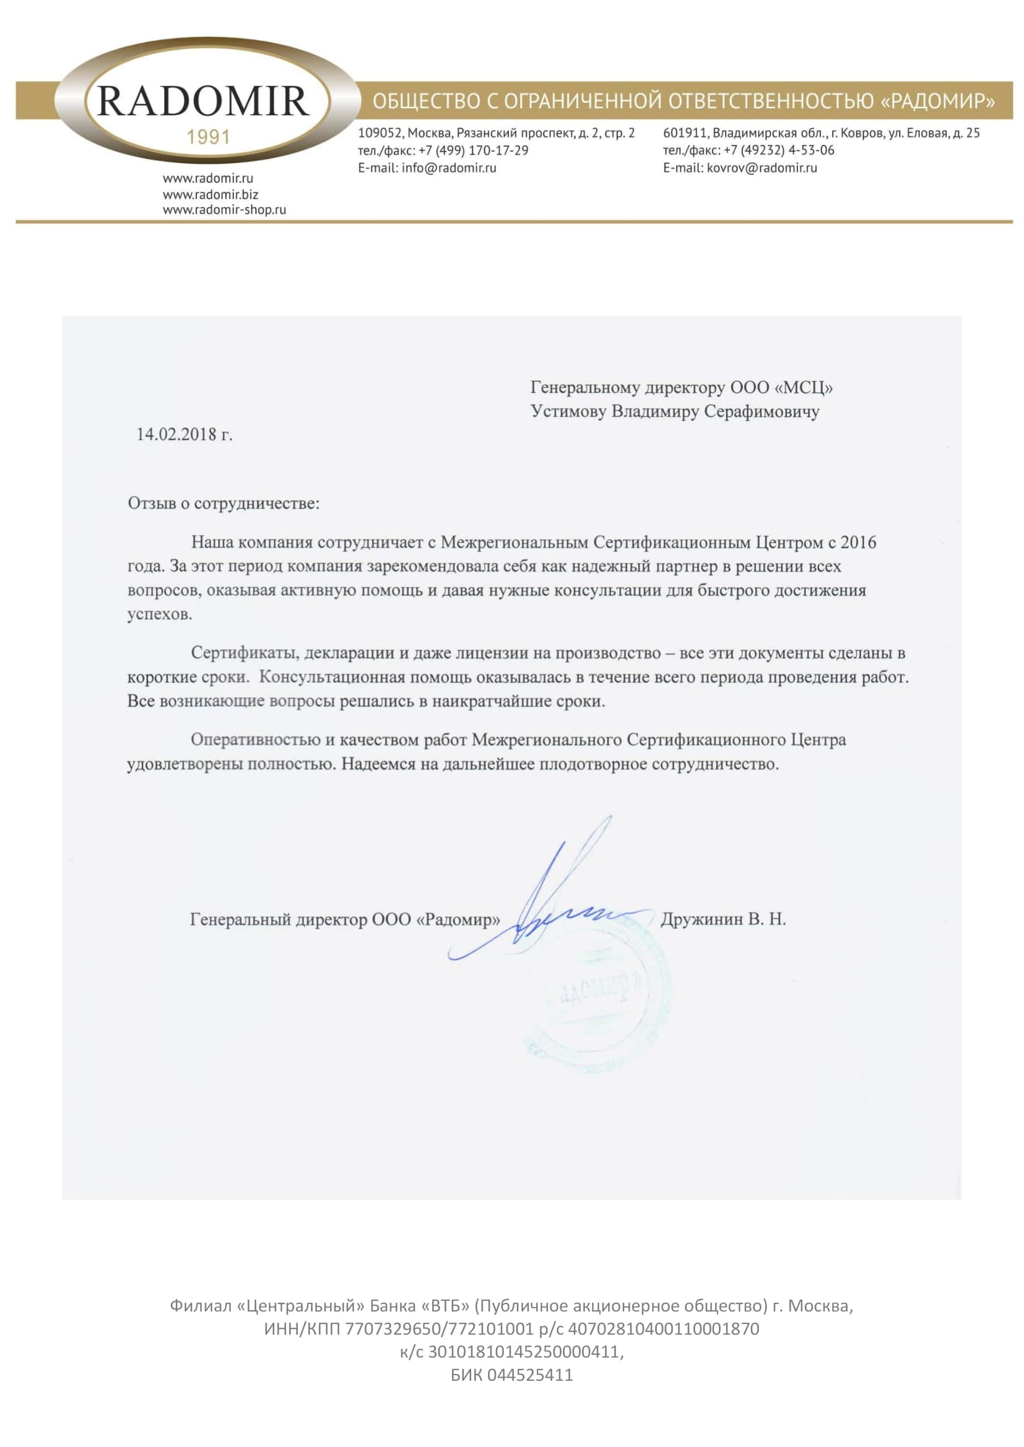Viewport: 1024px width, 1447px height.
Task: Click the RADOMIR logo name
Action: pyautogui.click(x=203, y=101)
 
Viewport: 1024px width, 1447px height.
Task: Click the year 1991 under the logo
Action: pyautogui.click(x=209, y=137)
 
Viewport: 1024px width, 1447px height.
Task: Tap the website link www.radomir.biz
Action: pyautogui.click(x=210, y=195)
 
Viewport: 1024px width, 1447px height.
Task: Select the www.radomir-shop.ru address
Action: pyautogui.click(x=225, y=210)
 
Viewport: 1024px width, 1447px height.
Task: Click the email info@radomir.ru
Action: pyautogui.click(x=449, y=168)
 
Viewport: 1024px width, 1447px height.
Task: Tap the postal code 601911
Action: pyautogui.click(x=685, y=133)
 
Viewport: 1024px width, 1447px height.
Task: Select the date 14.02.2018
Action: pyautogui.click(x=176, y=434)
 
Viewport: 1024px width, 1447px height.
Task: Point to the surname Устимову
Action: pyautogui.click(x=570, y=411)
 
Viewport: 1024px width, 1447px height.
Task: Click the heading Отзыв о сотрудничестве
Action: pyautogui.click(x=224, y=504)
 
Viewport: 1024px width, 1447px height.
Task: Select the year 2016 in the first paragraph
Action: pyautogui.click(x=858, y=543)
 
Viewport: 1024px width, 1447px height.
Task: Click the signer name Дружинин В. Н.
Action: pyautogui.click(x=723, y=919)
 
